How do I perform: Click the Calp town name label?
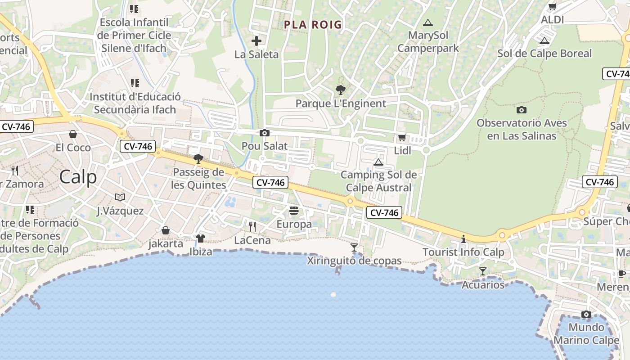pos(78,177)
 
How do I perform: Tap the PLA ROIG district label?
pos(313,25)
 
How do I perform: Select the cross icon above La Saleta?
pos(256,41)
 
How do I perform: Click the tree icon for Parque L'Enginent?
pos(341,90)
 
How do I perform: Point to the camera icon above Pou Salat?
pos(265,133)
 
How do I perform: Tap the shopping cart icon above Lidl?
pos(402,137)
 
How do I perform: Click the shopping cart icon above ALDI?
pos(552,7)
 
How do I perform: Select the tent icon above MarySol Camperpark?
pos(427,22)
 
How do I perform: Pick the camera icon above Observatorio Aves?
pos(521,110)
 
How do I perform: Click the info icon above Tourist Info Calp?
pos(463,239)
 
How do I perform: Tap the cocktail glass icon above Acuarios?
pos(483,271)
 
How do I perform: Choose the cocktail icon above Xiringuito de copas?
pos(354,247)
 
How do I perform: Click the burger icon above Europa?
pos(294,210)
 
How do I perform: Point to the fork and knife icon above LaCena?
pos(252,226)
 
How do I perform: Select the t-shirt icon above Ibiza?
pos(201,238)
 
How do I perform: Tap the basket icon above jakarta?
pos(166,230)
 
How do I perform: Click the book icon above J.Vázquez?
pos(120,197)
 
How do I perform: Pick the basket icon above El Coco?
pos(73,134)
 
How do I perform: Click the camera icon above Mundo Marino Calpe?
pos(586,314)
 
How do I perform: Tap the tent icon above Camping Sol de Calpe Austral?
pos(378,162)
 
